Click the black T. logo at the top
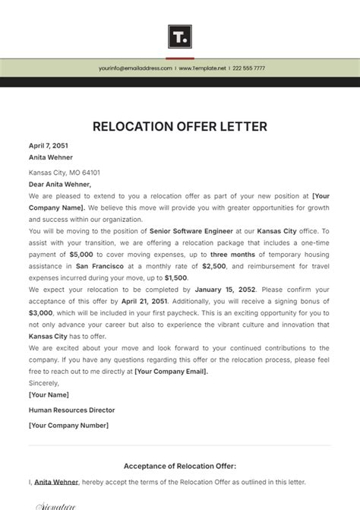pyautogui.click(x=180, y=36)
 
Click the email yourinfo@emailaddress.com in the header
pyautogui.click(x=135, y=68)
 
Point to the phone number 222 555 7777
pyautogui.click(x=249, y=68)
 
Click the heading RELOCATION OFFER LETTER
pyautogui.click(x=180, y=126)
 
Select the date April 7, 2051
pyautogui.click(x=49, y=145)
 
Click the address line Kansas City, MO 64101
pyautogui.click(x=65, y=173)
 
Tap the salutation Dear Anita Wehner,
pyautogui.click(x=60, y=184)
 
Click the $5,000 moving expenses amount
pyautogui.click(x=82, y=255)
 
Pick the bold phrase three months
pyautogui.click(x=233, y=255)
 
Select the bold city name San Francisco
pyautogui.click(x=103, y=267)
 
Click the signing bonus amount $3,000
pyautogui.click(x=41, y=312)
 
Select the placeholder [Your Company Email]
pyautogui.click(x=171, y=371)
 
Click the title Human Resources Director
pyautogui.click(x=72, y=410)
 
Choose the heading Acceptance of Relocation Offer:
pyautogui.click(x=180, y=466)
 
